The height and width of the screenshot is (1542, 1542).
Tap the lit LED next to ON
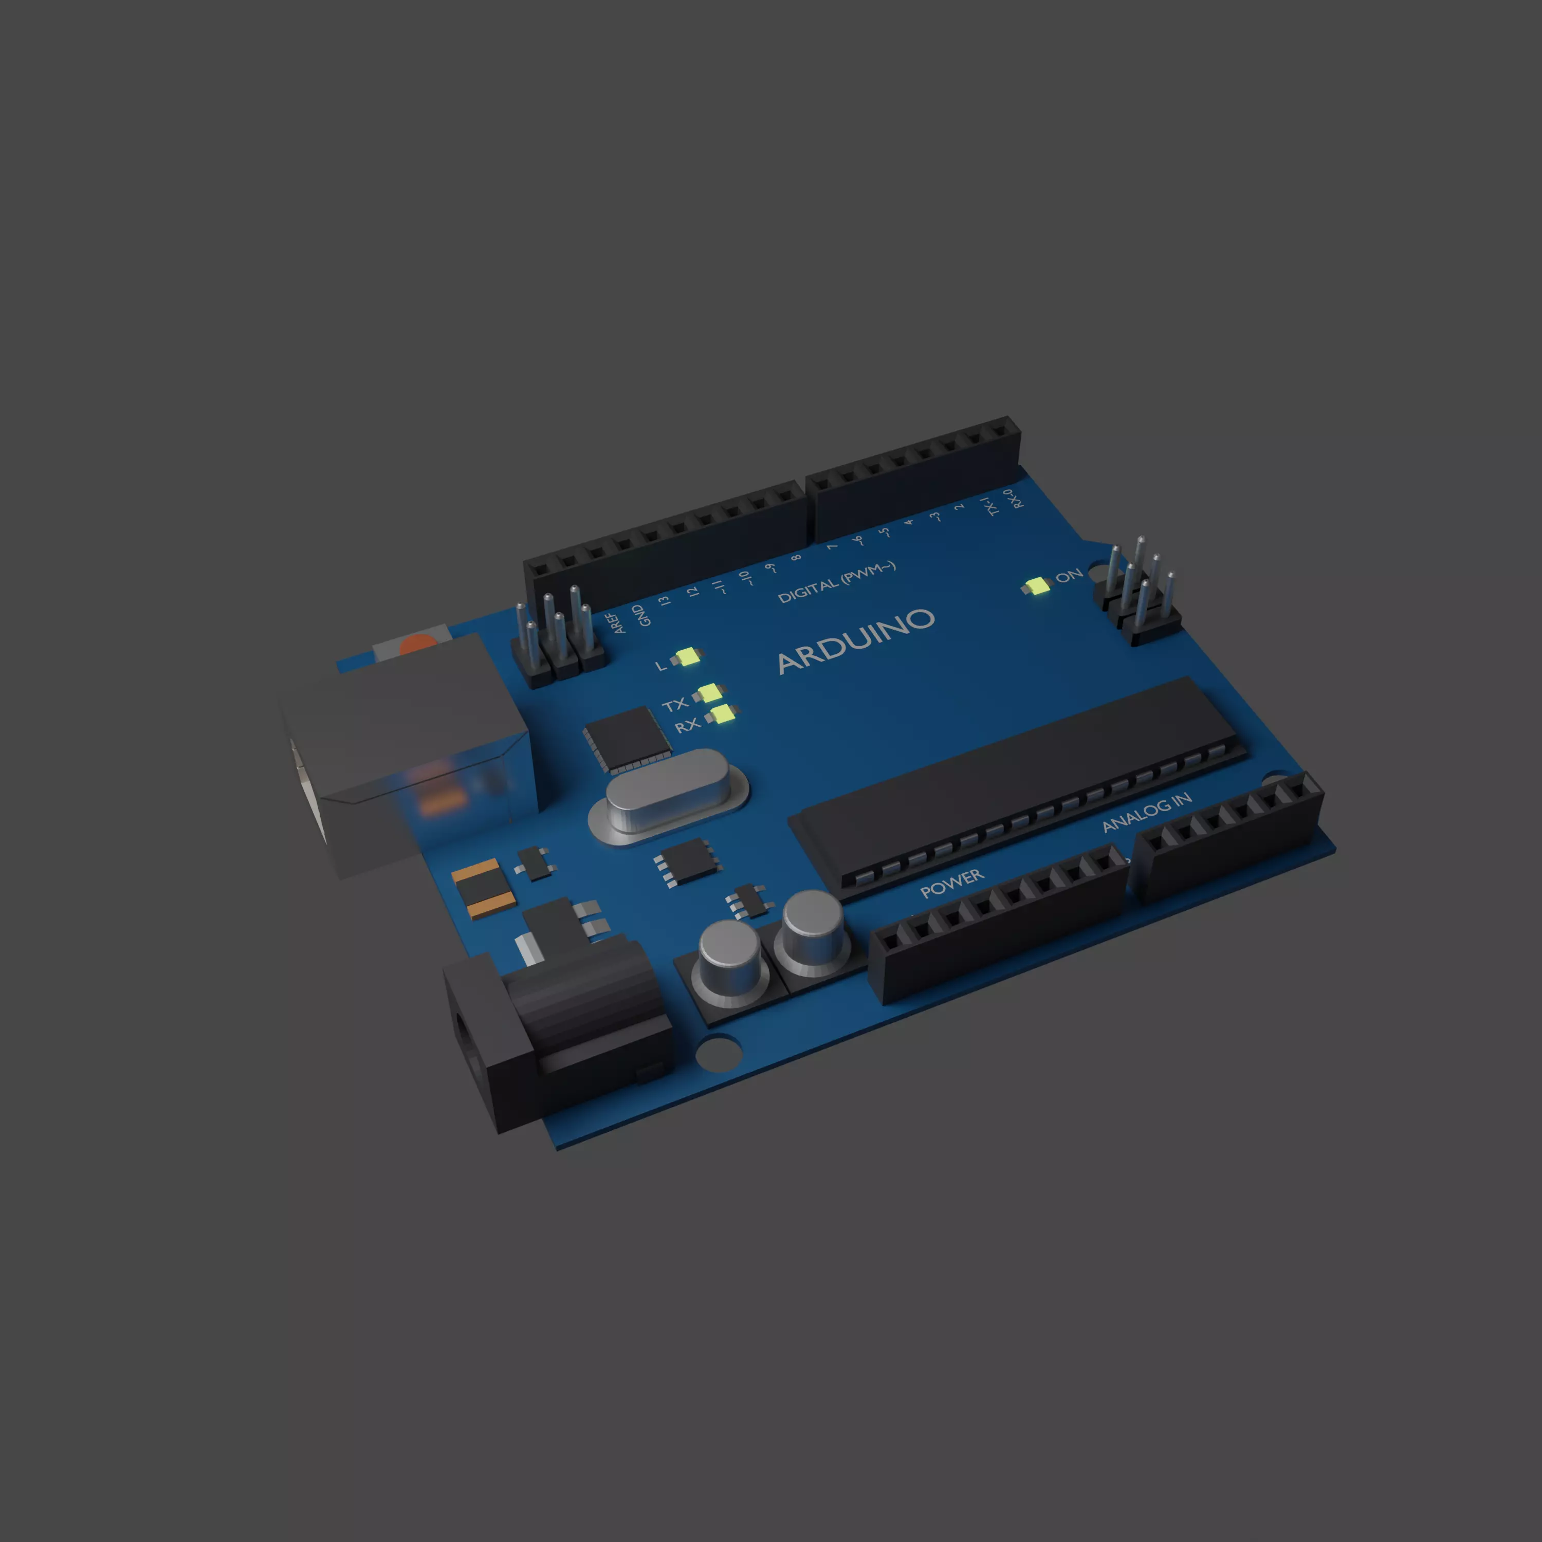click(x=1038, y=586)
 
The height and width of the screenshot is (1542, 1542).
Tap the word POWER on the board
click(x=951, y=884)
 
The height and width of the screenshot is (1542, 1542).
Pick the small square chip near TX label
click(x=627, y=738)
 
